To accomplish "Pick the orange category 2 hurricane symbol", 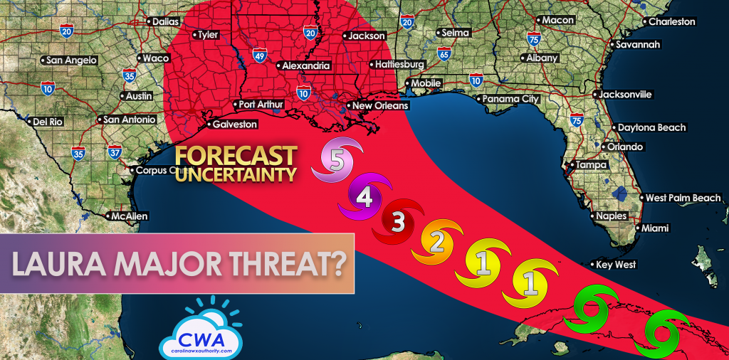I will point(439,243).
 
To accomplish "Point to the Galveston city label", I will point(234,124).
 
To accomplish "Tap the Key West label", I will point(616,265).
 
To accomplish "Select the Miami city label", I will point(655,228).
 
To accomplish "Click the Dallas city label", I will point(166,22).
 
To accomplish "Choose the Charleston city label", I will point(671,22).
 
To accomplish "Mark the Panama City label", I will point(510,100).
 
